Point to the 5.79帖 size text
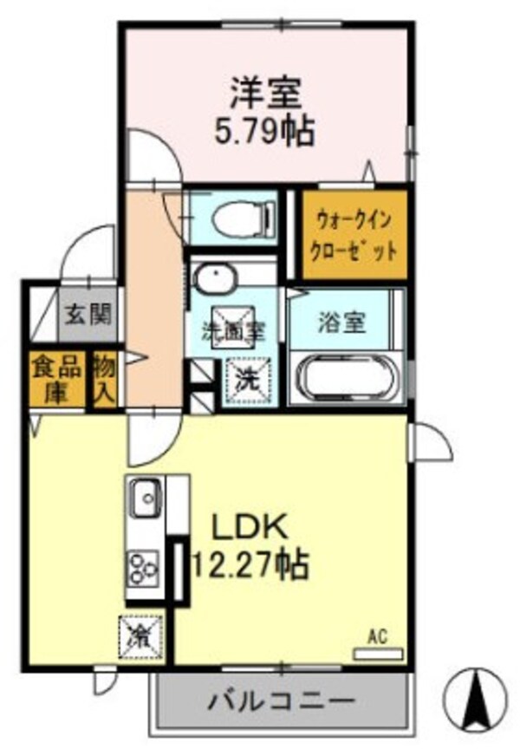pyautogui.click(x=264, y=131)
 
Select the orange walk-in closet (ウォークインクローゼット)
pyautogui.click(x=354, y=235)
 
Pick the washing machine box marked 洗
pyautogui.click(x=247, y=378)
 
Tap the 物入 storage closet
pyautogui.click(x=104, y=378)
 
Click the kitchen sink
pyautogui.click(x=145, y=498)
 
